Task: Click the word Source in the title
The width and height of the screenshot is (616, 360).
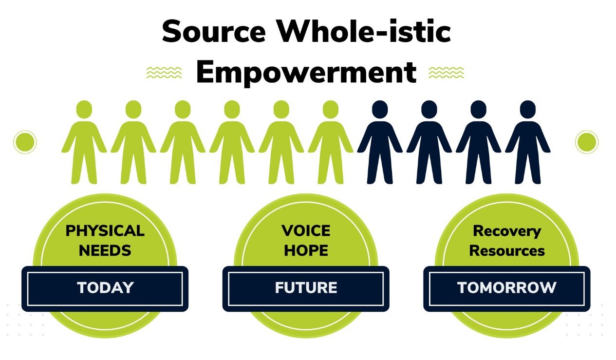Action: (214, 31)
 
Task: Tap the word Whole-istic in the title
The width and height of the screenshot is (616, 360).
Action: (364, 30)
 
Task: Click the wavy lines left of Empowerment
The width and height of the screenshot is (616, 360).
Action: (164, 72)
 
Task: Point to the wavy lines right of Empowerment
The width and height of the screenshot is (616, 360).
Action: (446, 72)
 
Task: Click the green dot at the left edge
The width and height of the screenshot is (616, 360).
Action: (25, 142)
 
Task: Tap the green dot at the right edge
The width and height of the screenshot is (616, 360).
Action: (587, 142)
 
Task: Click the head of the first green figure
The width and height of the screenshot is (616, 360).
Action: (84, 109)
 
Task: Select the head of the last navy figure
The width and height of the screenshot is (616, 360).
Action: (528, 109)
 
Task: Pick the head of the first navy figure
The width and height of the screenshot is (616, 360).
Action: (380, 109)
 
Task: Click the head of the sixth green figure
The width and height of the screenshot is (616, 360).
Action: (331, 109)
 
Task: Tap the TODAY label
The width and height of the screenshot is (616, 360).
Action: (105, 288)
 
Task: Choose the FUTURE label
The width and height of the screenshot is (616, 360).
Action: (306, 288)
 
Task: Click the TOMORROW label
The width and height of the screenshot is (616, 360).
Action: (507, 288)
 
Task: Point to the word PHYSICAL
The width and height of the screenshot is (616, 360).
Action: (105, 231)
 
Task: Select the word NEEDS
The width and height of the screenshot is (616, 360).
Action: (105, 250)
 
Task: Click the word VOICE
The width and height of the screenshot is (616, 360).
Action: (306, 231)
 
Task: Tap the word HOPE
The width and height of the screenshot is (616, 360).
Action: (306, 250)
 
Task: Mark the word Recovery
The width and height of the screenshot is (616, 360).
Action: (507, 232)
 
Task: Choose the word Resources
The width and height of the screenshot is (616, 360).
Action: (507, 251)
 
